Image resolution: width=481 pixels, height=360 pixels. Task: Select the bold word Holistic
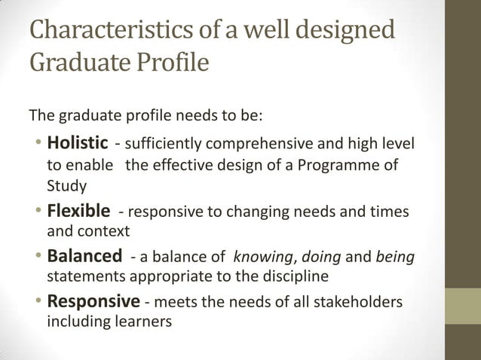coord(78,143)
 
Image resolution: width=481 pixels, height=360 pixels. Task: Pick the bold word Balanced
coord(84,256)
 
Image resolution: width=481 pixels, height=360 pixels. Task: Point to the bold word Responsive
coord(93,302)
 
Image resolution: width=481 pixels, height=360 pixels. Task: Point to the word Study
coord(66,185)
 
